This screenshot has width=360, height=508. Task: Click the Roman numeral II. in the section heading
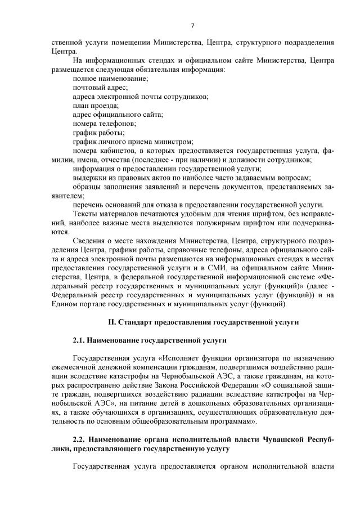(x=111, y=322)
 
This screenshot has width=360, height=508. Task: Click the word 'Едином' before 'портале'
(x=62, y=304)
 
